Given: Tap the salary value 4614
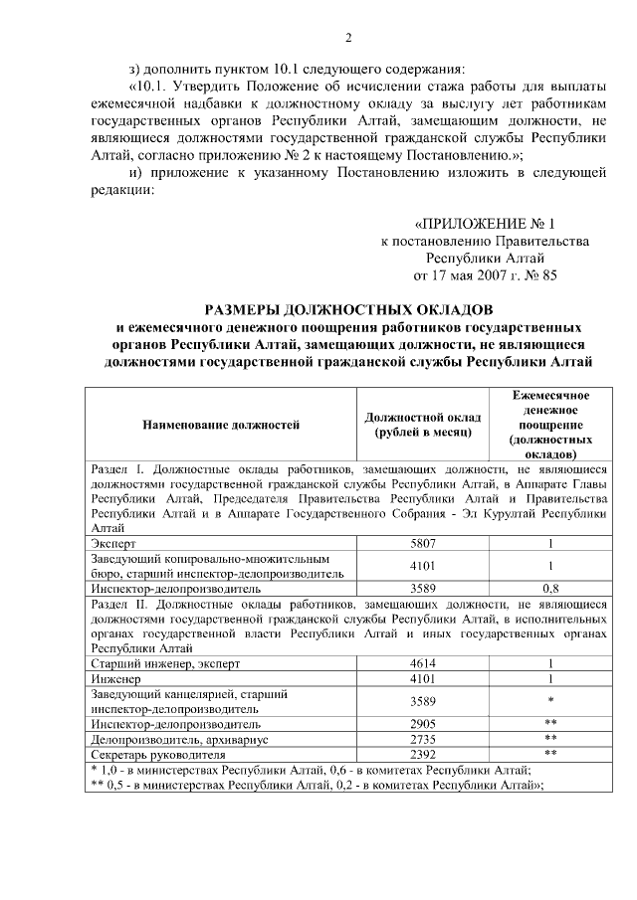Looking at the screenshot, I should [423, 661].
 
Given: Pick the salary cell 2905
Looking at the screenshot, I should [423, 724].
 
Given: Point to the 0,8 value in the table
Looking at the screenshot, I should [549, 588].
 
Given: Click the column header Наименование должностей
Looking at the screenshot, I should [221, 425].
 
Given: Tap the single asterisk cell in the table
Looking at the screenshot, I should [549, 701].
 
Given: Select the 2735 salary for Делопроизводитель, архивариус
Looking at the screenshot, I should [423, 739].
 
